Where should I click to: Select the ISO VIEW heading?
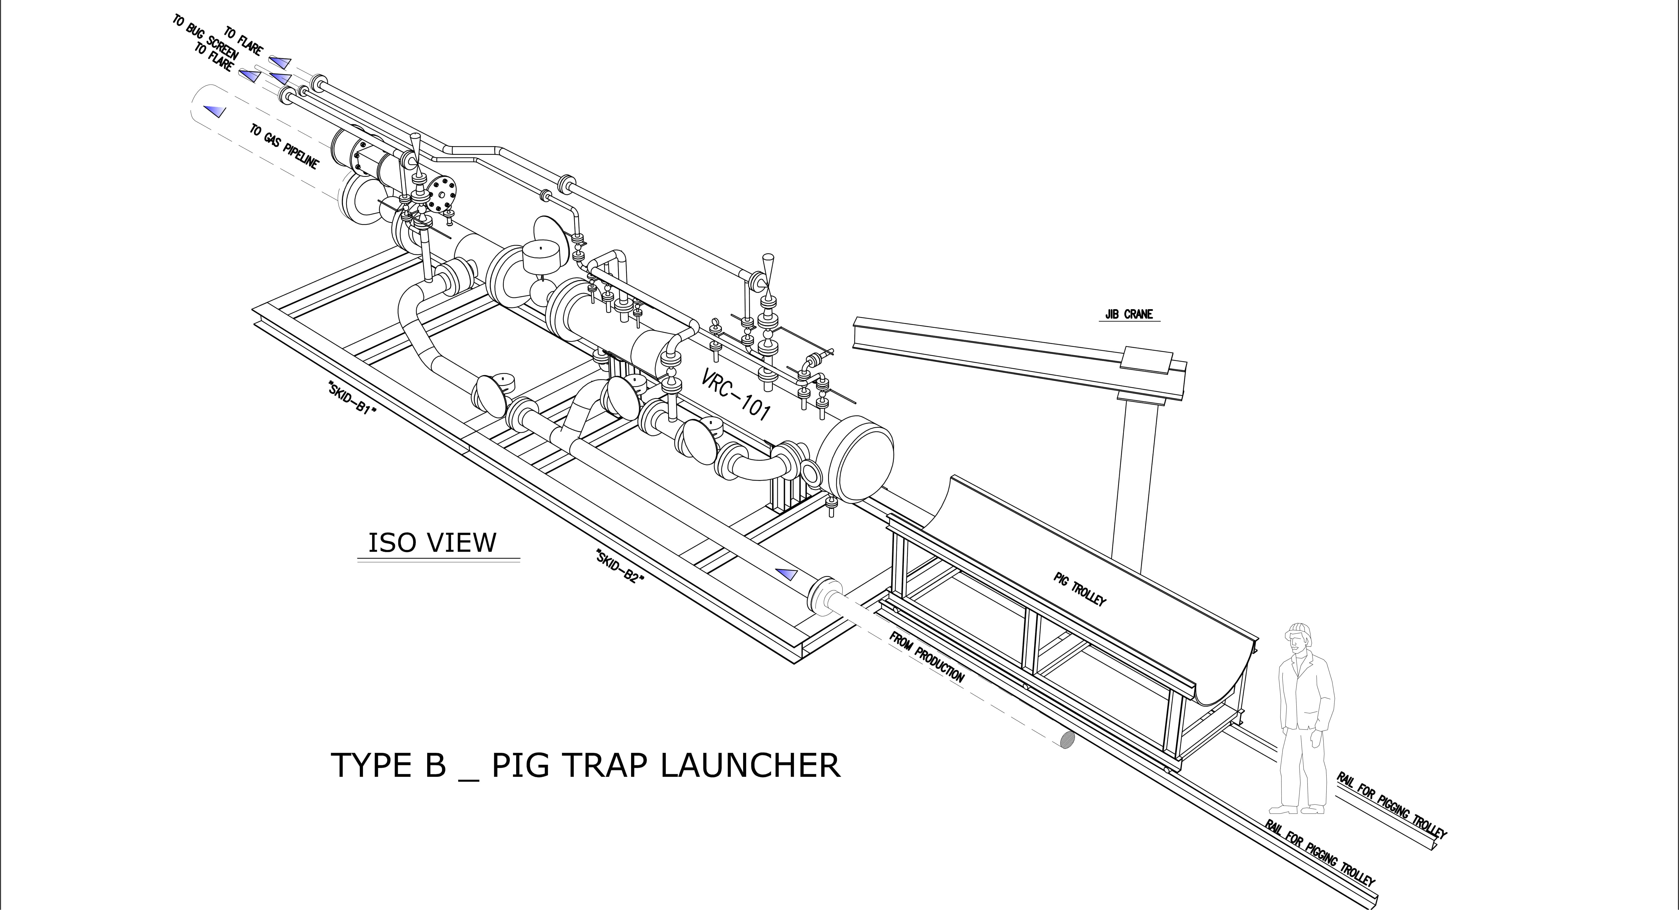coord(432,543)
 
